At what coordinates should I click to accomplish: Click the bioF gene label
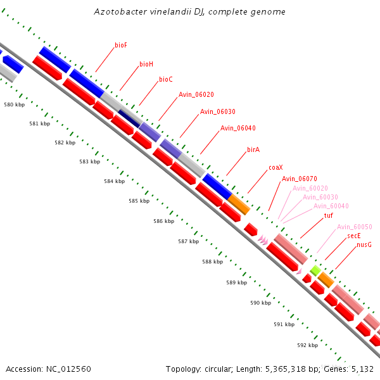click(x=121, y=46)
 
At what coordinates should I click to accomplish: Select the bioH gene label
click(x=146, y=64)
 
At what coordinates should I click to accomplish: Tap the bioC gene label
click(x=165, y=80)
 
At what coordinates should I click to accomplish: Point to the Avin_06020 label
click(x=196, y=95)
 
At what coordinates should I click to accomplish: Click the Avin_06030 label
click(x=217, y=111)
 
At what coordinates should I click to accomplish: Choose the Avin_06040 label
click(x=237, y=128)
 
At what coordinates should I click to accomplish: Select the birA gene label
click(x=253, y=149)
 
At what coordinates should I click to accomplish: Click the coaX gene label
click(x=275, y=168)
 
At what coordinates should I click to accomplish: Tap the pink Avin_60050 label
click(x=354, y=227)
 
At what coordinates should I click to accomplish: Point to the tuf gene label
click(x=328, y=216)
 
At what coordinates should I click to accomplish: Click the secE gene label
click(x=353, y=236)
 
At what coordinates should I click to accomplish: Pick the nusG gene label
click(x=364, y=244)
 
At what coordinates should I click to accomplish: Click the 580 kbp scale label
click(x=13, y=104)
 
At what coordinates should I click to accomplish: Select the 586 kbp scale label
click(x=163, y=222)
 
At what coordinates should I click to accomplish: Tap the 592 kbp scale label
click(x=307, y=345)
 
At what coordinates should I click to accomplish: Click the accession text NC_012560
click(x=68, y=369)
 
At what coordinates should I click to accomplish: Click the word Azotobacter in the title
click(x=118, y=12)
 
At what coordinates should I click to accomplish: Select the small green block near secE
click(x=315, y=270)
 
